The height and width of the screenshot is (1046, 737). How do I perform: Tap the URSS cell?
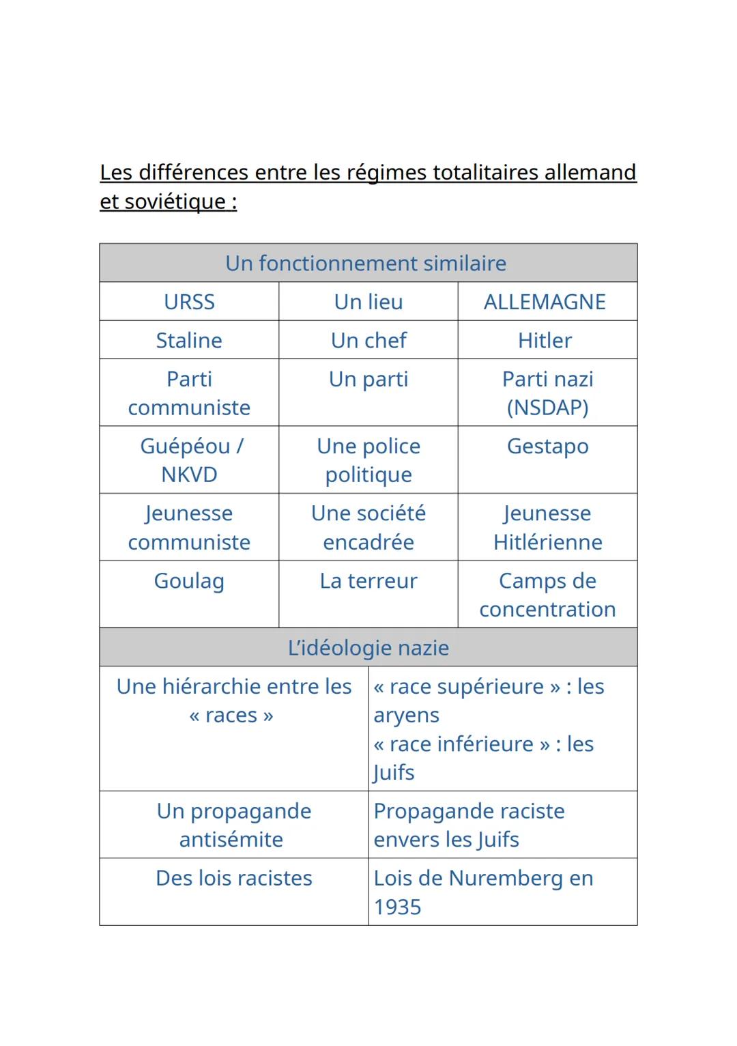coord(189,302)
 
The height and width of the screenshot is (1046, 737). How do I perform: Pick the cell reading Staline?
coord(189,340)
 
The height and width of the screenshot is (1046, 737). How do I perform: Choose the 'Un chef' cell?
coord(369,340)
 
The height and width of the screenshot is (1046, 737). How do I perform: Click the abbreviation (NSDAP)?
coord(547,408)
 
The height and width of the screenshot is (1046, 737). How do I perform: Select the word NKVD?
coord(189,475)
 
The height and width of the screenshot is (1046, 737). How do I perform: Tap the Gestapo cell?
coord(547,447)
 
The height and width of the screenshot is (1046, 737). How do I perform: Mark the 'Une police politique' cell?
coord(369,460)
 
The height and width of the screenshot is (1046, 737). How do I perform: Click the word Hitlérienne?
coord(547,542)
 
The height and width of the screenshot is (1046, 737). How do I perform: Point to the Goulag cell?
coord(189,581)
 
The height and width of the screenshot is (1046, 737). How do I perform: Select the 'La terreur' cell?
coord(369,581)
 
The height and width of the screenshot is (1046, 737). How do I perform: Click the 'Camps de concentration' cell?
coord(547,595)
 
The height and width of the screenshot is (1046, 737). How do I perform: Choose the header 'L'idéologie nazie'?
coord(369,648)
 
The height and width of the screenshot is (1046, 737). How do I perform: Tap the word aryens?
coord(406,716)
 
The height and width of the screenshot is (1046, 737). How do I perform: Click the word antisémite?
coord(231,839)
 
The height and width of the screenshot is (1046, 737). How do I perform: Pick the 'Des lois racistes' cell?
coord(234,878)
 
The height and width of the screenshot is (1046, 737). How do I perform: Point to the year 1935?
coord(397,907)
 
